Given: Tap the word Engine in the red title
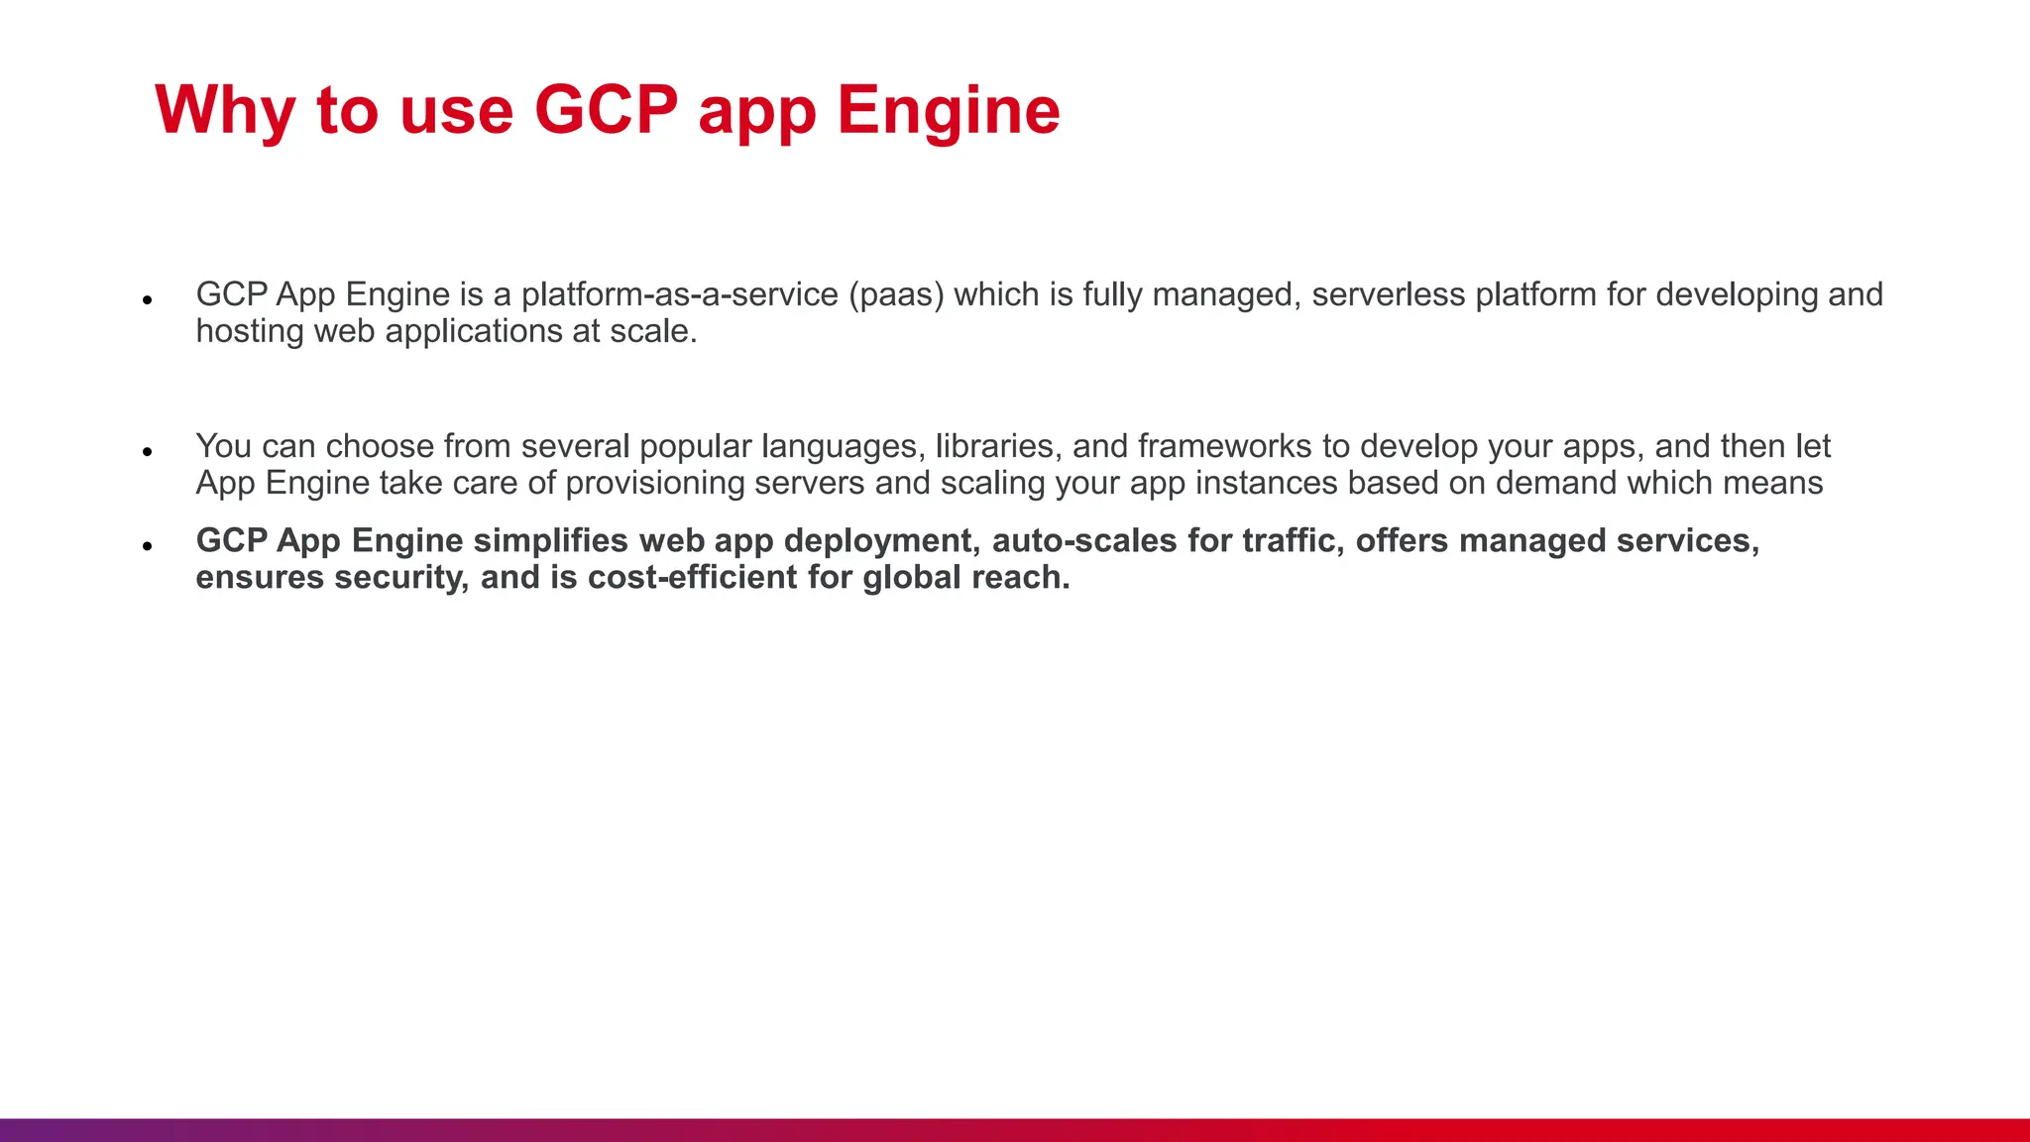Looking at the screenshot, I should (x=949, y=111).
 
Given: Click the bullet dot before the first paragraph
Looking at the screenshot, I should (x=148, y=299).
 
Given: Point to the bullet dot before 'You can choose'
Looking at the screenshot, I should (x=148, y=452).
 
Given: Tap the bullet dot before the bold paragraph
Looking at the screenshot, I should (x=148, y=546).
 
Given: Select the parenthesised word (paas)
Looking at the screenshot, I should (x=896, y=295).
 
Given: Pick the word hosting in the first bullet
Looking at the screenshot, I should (x=249, y=332).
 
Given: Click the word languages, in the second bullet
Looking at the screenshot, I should (x=844, y=447).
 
